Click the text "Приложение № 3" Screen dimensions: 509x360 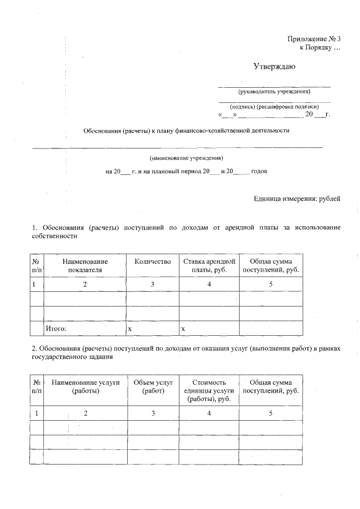pyautogui.click(x=314, y=39)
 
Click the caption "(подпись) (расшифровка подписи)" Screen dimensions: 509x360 pyautogui.click(x=274, y=106)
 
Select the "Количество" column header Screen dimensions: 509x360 pyautogui.click(x=152, y=262)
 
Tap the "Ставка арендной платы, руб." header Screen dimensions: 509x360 pyautogui.click(x=209, y=265)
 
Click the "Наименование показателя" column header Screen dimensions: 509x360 pyautogui.click(x=85, y=265)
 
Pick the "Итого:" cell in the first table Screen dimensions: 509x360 pyautogui.click(x=56, y=327)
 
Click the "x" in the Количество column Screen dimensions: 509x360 pyautogui.click(x=130, y=327)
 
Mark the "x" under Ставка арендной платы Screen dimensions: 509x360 pyautogui.click(x=183, y=327)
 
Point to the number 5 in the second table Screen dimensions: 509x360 pyautogui.click(x=271, y=413)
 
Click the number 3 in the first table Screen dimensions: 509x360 pyautogui.click(x=152, y=285)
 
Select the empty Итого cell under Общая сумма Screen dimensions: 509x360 pyautogui.click(x=271, y=327)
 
